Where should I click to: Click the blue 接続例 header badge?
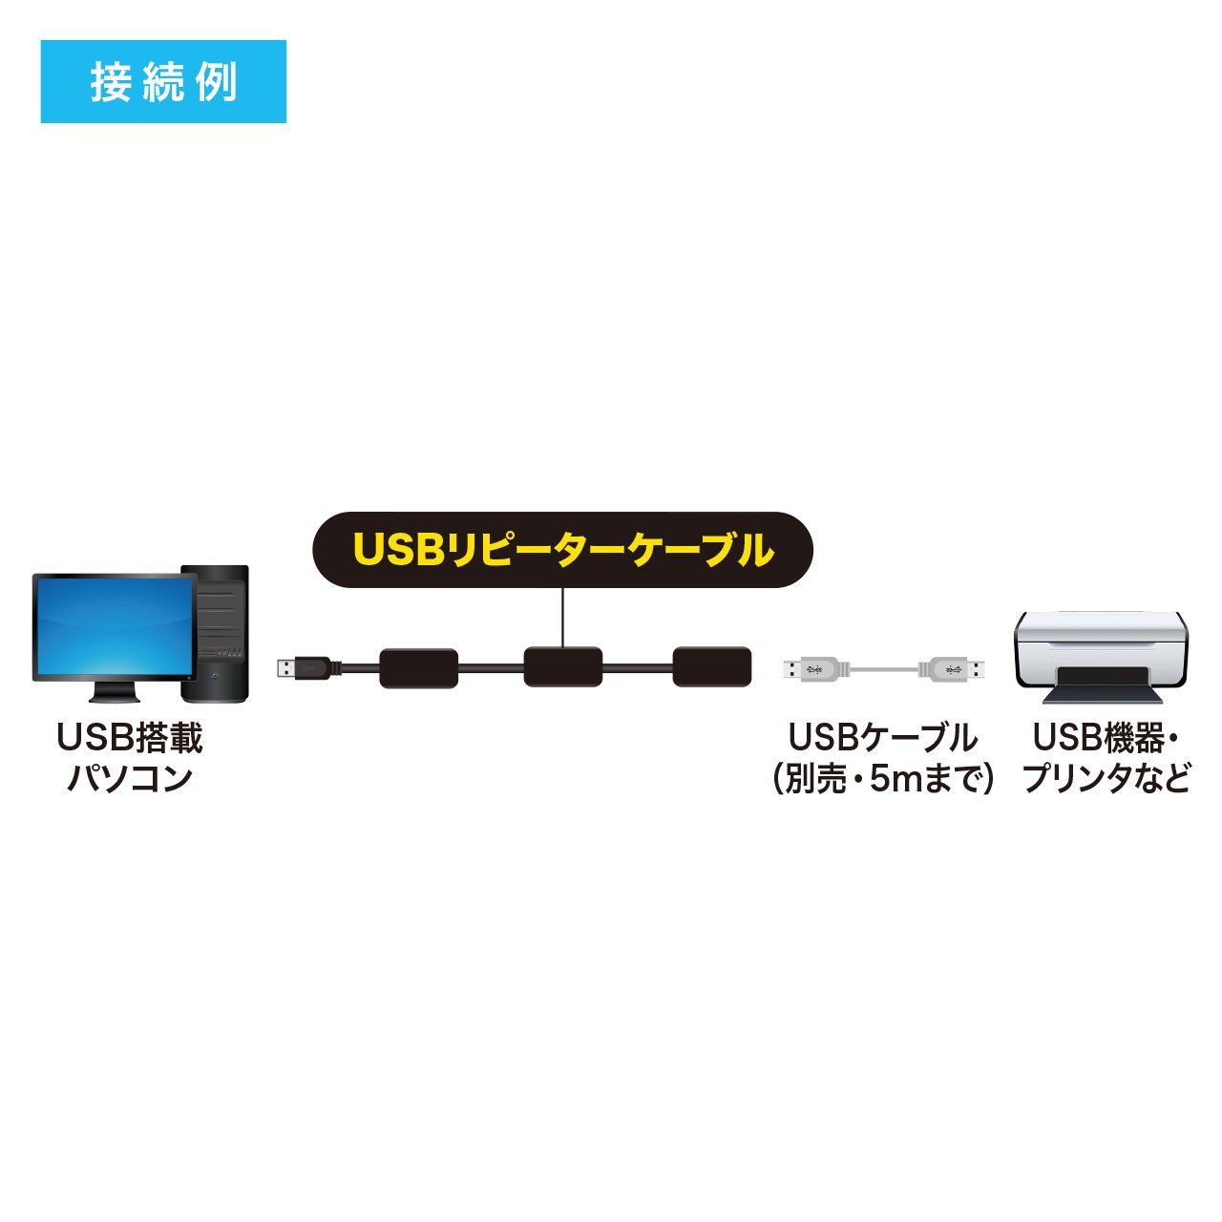pyautogui.click(x=163, y=82)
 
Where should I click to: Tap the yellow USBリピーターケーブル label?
pyautogui.click(x=563, y=550)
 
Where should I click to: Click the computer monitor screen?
pyautogui.click(x=115, y=626)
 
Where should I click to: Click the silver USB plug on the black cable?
pyautogui.click(x=290, y=667)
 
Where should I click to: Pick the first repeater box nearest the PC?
pyautogui.click(x=418, y=667)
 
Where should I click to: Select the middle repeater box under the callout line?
pyautogui.click(x=563, y=666)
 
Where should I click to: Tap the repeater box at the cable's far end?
pyautogui.click(x=711, y=666)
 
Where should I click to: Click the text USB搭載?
pyautogui.click(x=130, y=738)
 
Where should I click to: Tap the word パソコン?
pyautogui.click(x=130, y=779)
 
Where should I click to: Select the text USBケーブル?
pyautogui.click(x=881, y=738)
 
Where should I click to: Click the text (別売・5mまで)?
pyautogui.click(x=881, y=779)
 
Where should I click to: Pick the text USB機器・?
pyautogui.click(x=1106, y=738)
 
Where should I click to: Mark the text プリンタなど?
pyautogui.click(x=1106, y=779)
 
